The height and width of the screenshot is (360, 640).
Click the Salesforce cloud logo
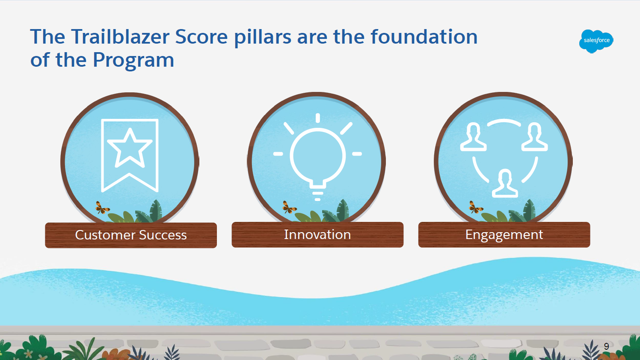[x=596, y=41]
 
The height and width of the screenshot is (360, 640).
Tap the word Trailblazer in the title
[x=120, y=37]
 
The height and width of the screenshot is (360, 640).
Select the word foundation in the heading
[x=424, y=37]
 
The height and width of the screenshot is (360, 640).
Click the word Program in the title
[x=133, y=61]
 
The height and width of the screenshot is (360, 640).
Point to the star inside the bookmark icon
[x=130, y=148]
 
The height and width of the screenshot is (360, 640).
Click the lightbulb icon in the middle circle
[x=317, y=157]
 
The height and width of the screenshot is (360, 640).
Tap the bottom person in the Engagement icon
[x=505, y=183]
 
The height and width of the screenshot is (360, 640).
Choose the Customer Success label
[x=131, y=235]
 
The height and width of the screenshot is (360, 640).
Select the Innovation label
[x=317, y=234]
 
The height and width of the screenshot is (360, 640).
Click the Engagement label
[x=504, y=235]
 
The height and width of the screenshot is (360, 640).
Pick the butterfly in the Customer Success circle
[x=102, y=207]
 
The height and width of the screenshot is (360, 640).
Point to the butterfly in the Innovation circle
[x=289, y=207]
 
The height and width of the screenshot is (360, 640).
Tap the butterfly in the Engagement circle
[x=475, y=207]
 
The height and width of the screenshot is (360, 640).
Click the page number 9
[x=606, y=346]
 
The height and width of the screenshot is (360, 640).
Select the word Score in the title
[x=201, y=37]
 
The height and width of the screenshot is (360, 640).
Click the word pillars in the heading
[x=263, y=38]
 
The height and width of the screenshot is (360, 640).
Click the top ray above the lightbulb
[x=318, y=118]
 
